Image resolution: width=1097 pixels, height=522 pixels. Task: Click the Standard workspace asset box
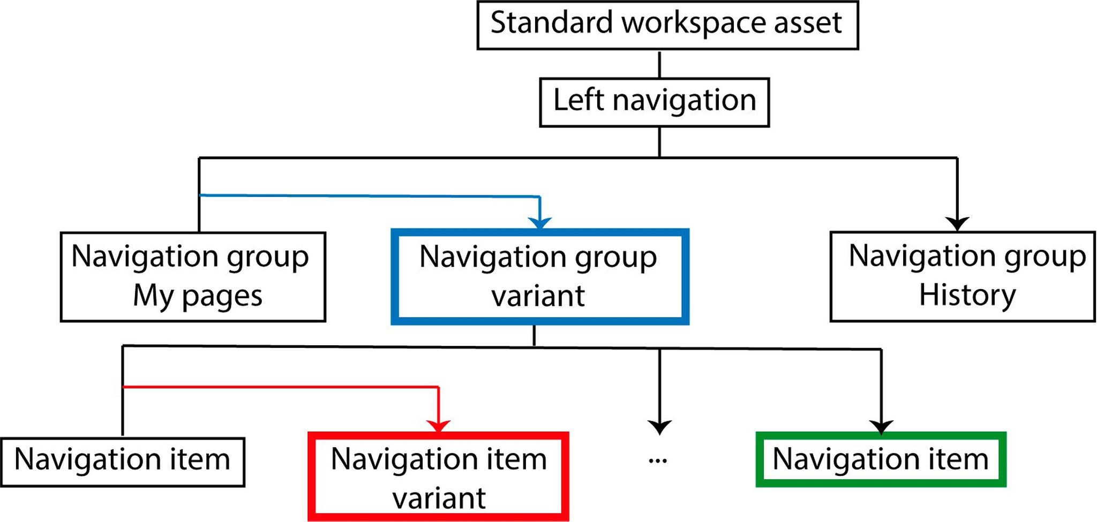coord(667,25)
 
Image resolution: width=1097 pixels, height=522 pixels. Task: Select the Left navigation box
coord(654,102)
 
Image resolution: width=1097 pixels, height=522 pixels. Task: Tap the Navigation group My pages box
coord(193,276)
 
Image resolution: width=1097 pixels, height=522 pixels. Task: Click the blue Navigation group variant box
coord(539,277)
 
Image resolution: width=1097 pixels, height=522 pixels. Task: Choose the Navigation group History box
coord(962,276)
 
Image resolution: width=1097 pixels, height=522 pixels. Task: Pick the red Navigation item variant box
coord(438,476)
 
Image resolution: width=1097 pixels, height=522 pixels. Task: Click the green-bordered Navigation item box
coord(881,460)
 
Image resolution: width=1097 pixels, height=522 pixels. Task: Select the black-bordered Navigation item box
coord(123,462)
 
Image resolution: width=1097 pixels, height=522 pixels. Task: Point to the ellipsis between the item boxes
coord(658,460)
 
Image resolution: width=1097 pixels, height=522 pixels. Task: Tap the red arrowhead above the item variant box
coord(439,426)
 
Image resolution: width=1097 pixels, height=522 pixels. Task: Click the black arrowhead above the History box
coord(957,223)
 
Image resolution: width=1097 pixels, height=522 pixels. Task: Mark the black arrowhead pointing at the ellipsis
coord(659,427)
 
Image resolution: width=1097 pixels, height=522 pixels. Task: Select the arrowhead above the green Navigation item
coord(881,427)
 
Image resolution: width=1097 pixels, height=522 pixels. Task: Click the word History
coord(967,295)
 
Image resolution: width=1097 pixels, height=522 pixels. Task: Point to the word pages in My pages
coord(222,296)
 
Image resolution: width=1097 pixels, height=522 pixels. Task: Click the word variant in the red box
coord(439,498)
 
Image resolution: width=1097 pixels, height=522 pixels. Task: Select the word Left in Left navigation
coord(578,100)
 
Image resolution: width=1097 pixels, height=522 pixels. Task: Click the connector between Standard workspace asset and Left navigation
coord(659,64)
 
